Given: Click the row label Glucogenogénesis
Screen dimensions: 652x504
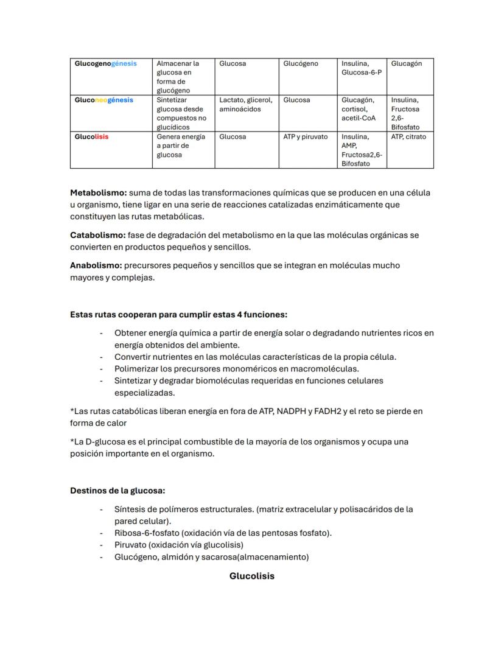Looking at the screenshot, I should (105, 63).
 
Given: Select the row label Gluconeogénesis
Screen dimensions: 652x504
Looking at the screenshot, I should (103, 100).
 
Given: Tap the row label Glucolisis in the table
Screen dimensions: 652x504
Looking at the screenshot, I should (91, 136).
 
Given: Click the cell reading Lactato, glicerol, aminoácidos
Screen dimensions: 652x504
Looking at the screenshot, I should (245, 104).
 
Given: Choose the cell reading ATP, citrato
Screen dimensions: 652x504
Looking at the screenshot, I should (408, 136).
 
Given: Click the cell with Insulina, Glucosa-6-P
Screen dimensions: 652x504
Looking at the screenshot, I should (361, 68).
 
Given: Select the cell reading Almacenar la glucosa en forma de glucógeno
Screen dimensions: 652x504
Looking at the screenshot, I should (178, 77).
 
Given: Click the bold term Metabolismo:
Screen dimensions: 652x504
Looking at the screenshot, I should (98, 192).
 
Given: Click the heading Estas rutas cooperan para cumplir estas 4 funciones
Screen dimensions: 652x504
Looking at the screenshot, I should (178, 315).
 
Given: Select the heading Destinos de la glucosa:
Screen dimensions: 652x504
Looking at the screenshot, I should (117, 490).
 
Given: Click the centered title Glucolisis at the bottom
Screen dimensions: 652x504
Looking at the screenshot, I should (251, 575).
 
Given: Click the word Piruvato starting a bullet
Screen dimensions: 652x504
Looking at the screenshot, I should (130, 544).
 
